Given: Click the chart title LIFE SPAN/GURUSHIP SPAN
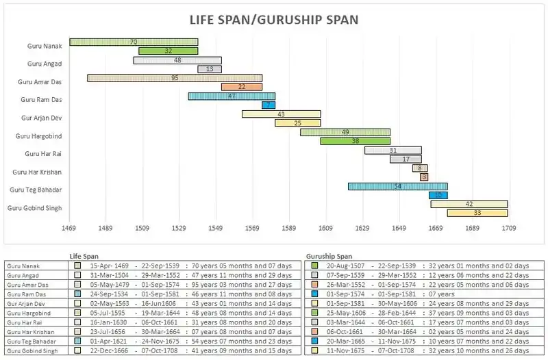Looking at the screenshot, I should point(273,19).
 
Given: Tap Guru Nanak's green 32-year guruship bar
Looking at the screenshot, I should point(168,51).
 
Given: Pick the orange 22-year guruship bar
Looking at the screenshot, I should point(242,87).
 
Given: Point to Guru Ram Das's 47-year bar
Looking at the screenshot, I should point(232,97).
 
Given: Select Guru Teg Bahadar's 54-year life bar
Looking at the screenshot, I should point(397,186).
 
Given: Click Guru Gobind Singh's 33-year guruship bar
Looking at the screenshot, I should point(477,213).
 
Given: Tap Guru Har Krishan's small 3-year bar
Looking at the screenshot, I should point(424,177).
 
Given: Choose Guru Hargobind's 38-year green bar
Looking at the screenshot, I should point(355,141).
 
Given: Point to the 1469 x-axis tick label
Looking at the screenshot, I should point(69,227).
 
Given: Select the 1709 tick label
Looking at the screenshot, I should point(508,227).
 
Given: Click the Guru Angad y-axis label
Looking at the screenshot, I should point(45,64).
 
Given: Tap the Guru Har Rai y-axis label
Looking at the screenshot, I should point(43,154).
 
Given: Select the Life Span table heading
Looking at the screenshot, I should point(85,256).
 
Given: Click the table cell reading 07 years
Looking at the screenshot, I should point(429,294).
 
